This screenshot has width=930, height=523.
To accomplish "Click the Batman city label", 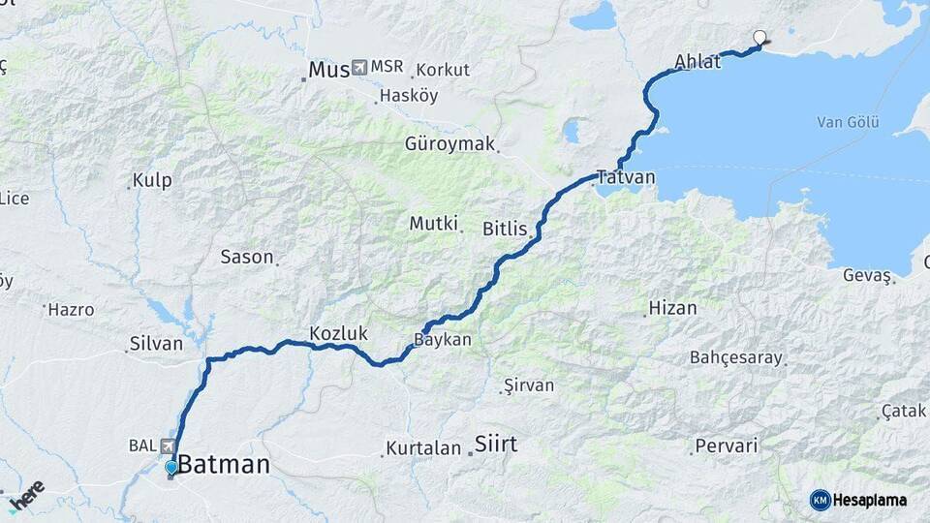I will [x=224, y=465].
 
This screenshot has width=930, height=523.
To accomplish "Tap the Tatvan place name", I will [x=626, y=178].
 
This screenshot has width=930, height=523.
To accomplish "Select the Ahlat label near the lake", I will [x=697, y=63].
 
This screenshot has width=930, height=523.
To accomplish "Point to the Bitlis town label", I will [x=505, y=230].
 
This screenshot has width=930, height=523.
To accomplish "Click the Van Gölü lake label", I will [x=848, y=122].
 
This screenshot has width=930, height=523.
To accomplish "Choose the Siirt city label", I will [x=495, y=446].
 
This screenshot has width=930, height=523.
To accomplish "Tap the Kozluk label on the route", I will [x=338, y=334].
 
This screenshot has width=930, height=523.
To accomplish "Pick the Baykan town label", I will [x=442, y=341].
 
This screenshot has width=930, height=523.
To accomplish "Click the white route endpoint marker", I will [x=759, y=38].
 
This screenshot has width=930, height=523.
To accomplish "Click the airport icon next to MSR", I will [x=359, y=67].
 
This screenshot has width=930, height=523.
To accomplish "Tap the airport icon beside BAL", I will [x=168, y=446].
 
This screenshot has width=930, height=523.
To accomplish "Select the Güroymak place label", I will [x=449, y=144].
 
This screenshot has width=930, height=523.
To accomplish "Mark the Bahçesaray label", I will [x=735, y=357].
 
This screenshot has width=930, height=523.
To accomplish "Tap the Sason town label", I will [x=247, y=258].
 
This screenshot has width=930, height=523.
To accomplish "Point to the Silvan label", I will [x=155, y=344].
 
